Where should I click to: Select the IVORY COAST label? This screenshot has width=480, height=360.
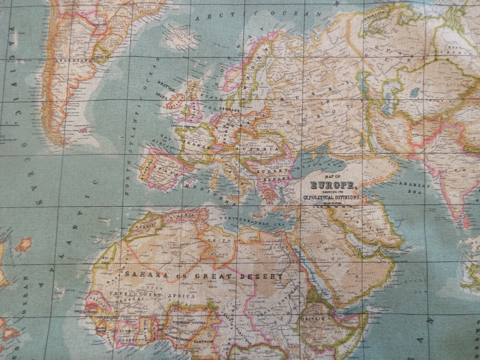point(127,335)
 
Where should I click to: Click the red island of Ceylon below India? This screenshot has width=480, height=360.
point(466,221)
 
